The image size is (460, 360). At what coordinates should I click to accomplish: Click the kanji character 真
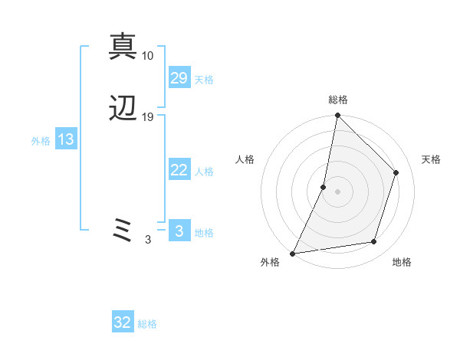click(123, 46)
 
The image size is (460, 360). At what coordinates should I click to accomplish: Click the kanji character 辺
click(123, 110)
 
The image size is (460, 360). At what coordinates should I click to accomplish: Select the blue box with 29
click(179, 78)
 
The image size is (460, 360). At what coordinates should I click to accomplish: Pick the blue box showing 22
click(179, 170)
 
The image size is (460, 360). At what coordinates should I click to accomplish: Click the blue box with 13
click(65, 139)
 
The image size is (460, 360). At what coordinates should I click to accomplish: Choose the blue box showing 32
click(123, 322)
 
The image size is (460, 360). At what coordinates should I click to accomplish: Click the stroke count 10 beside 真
click(148, 56)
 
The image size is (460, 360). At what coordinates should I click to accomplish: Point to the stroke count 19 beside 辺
click(148, 117)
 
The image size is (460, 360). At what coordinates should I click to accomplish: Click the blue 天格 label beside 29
click(204, 80)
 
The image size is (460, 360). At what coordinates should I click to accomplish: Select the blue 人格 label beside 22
click(204, 172)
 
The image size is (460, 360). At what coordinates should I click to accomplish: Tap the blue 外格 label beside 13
click(41, 141)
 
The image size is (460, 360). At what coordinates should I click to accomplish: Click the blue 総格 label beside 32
click(148, 324)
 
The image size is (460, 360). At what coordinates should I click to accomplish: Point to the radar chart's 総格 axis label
click(338, 100)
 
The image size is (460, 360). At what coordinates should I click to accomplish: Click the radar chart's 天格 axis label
click(431, 159)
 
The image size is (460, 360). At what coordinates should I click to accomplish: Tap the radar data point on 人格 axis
click(324, 186)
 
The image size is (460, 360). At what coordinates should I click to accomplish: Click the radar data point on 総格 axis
click(337, 115)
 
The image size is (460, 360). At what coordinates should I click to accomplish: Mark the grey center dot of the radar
click(337, 191)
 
